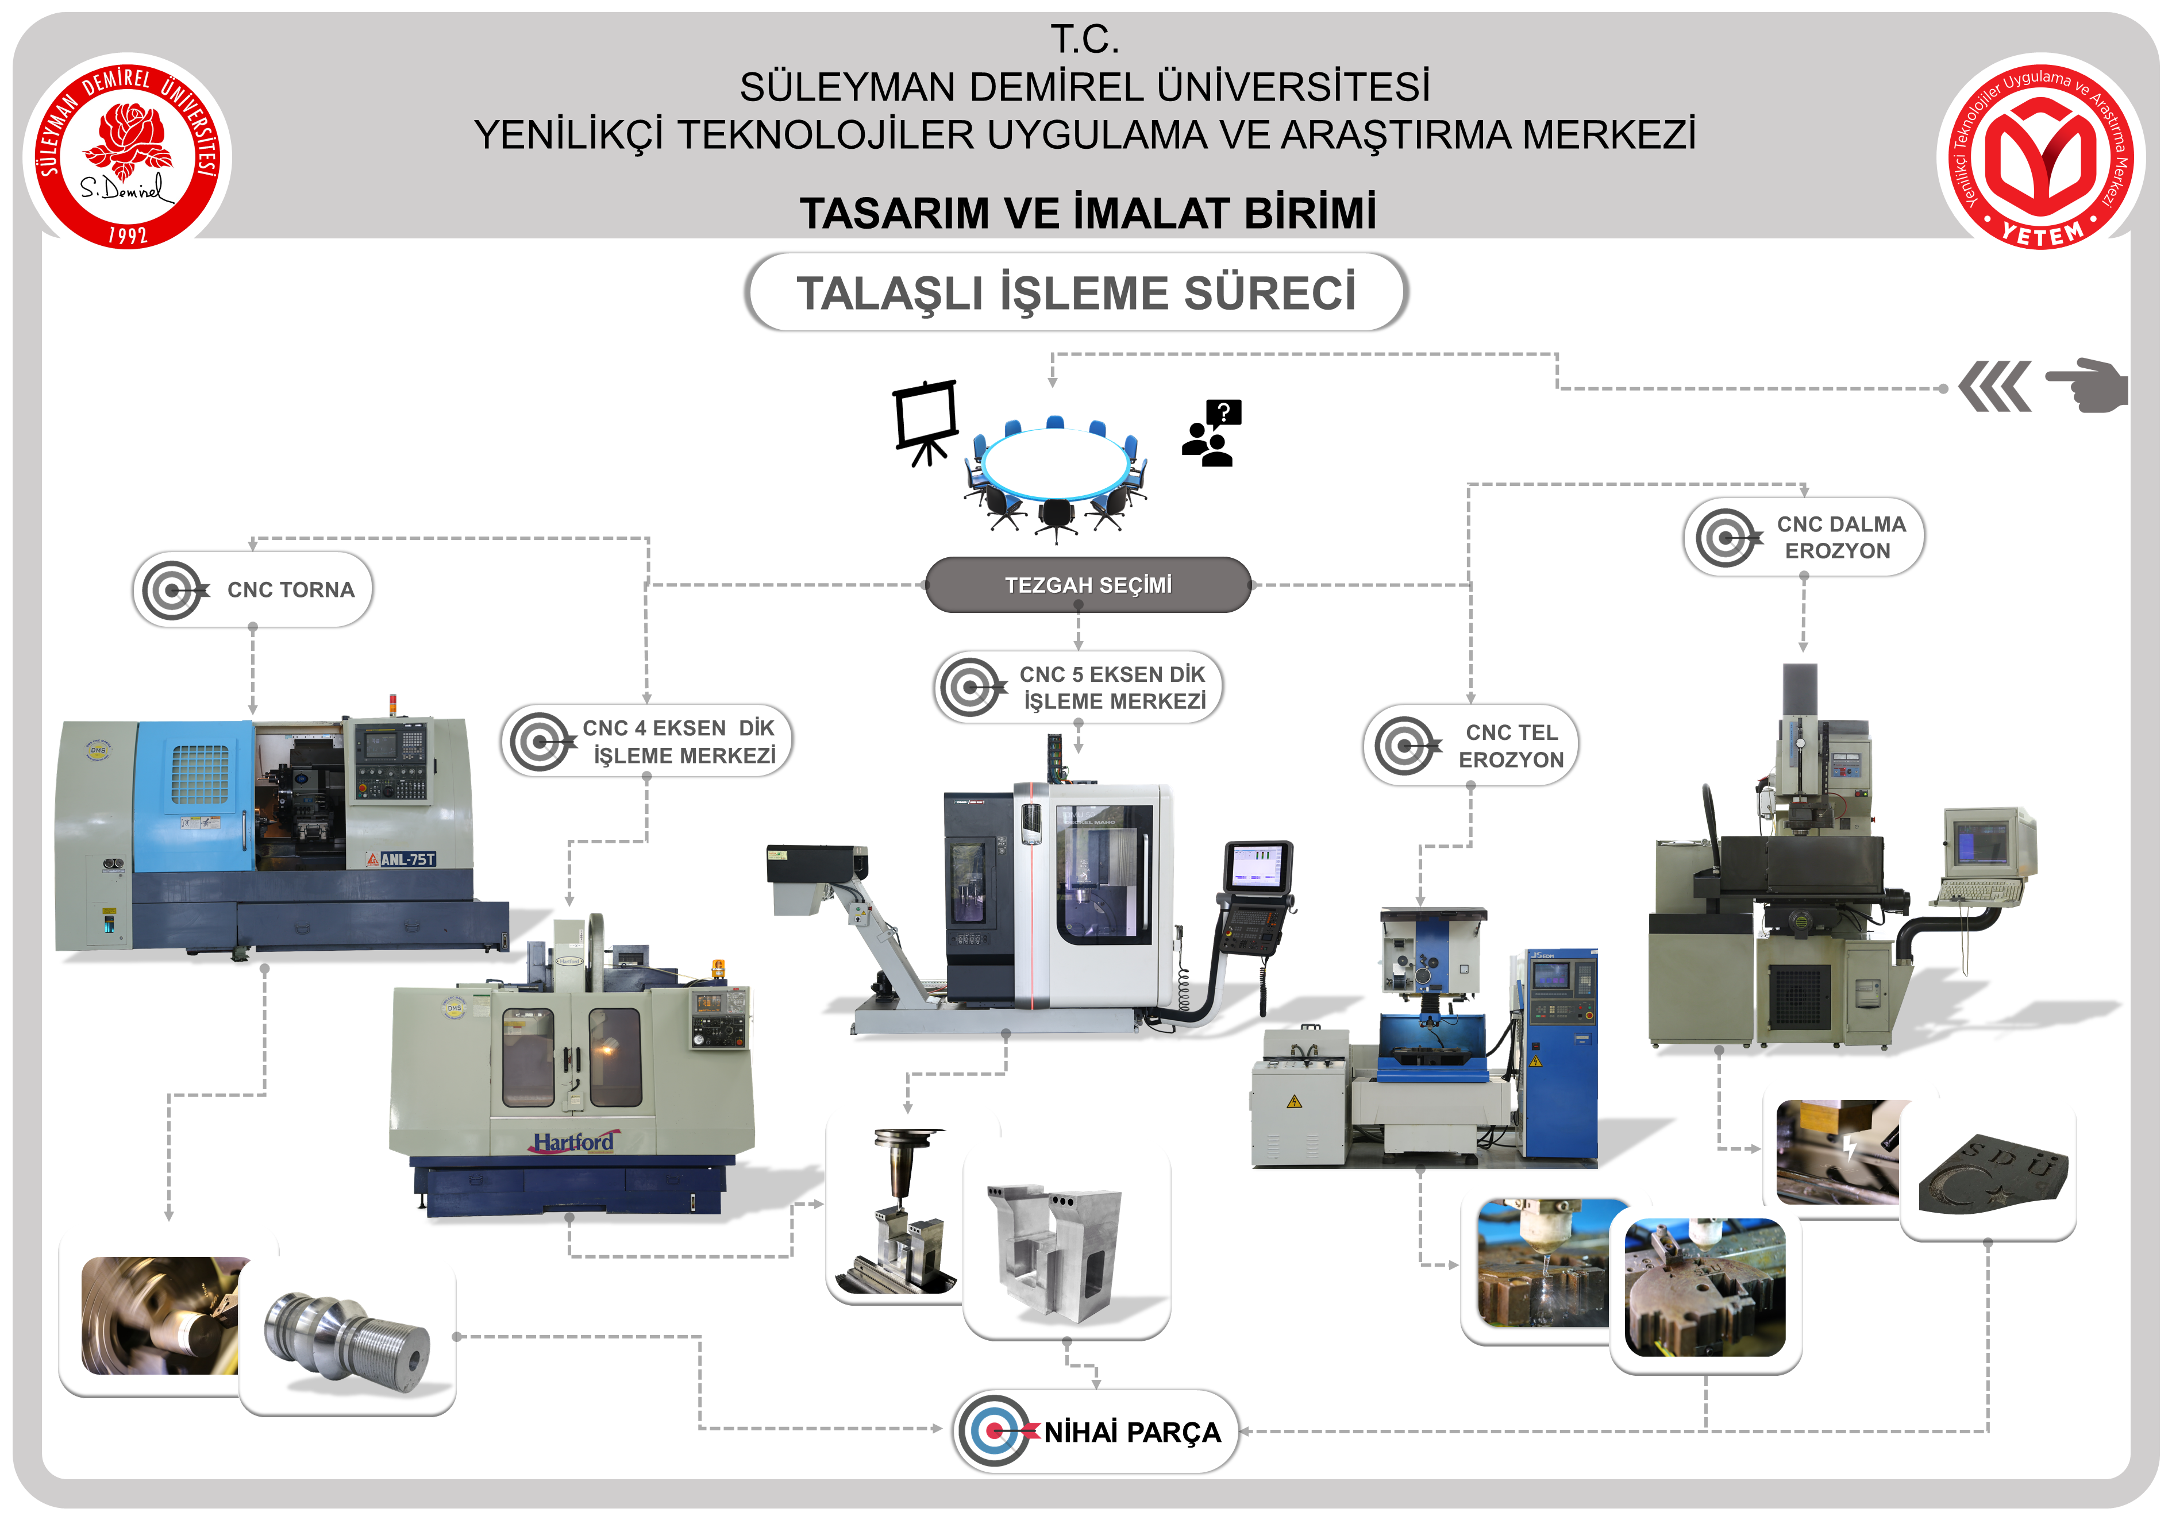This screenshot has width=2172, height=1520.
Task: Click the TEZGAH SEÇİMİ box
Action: tap(1088, 585)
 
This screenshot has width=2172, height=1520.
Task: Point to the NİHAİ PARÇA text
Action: tap(1133, 1432)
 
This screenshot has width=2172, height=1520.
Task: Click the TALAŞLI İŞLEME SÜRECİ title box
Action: tap(1077, 292)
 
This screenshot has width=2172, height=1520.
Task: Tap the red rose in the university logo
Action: tap(130, 137)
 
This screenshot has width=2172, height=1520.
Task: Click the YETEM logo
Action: tap(2040, 151)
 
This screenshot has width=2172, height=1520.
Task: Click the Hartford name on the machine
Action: tap(573, 1141)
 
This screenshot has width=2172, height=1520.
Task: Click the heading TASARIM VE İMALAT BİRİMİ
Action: tap(1087, 213)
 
